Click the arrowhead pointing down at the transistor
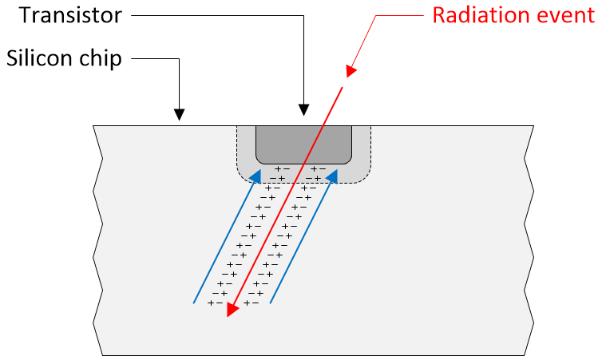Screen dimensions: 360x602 [x=303, y=110]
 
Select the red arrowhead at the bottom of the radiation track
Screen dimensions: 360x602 [x=231, y=310]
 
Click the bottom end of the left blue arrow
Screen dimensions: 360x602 [x=195, y=303]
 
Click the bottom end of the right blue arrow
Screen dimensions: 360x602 [x=271, y=303]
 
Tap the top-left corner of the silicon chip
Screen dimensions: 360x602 [x=94, y=125]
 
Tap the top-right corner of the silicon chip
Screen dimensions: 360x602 [x=533, y=125]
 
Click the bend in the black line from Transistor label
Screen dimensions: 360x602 [x=303, y=15]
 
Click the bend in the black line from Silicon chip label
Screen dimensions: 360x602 [x=180, y=58]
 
